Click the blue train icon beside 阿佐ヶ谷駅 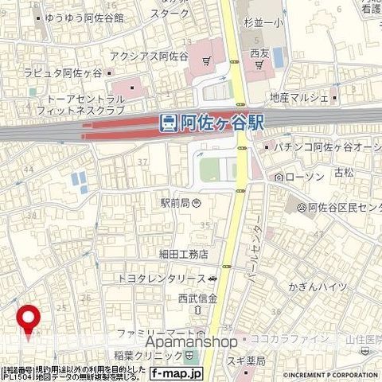pyautogui.click(x=168, y=123)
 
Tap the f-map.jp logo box pyautogui.click(x=177, y=372)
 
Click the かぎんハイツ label pyautogui.click(x=319, y=286)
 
